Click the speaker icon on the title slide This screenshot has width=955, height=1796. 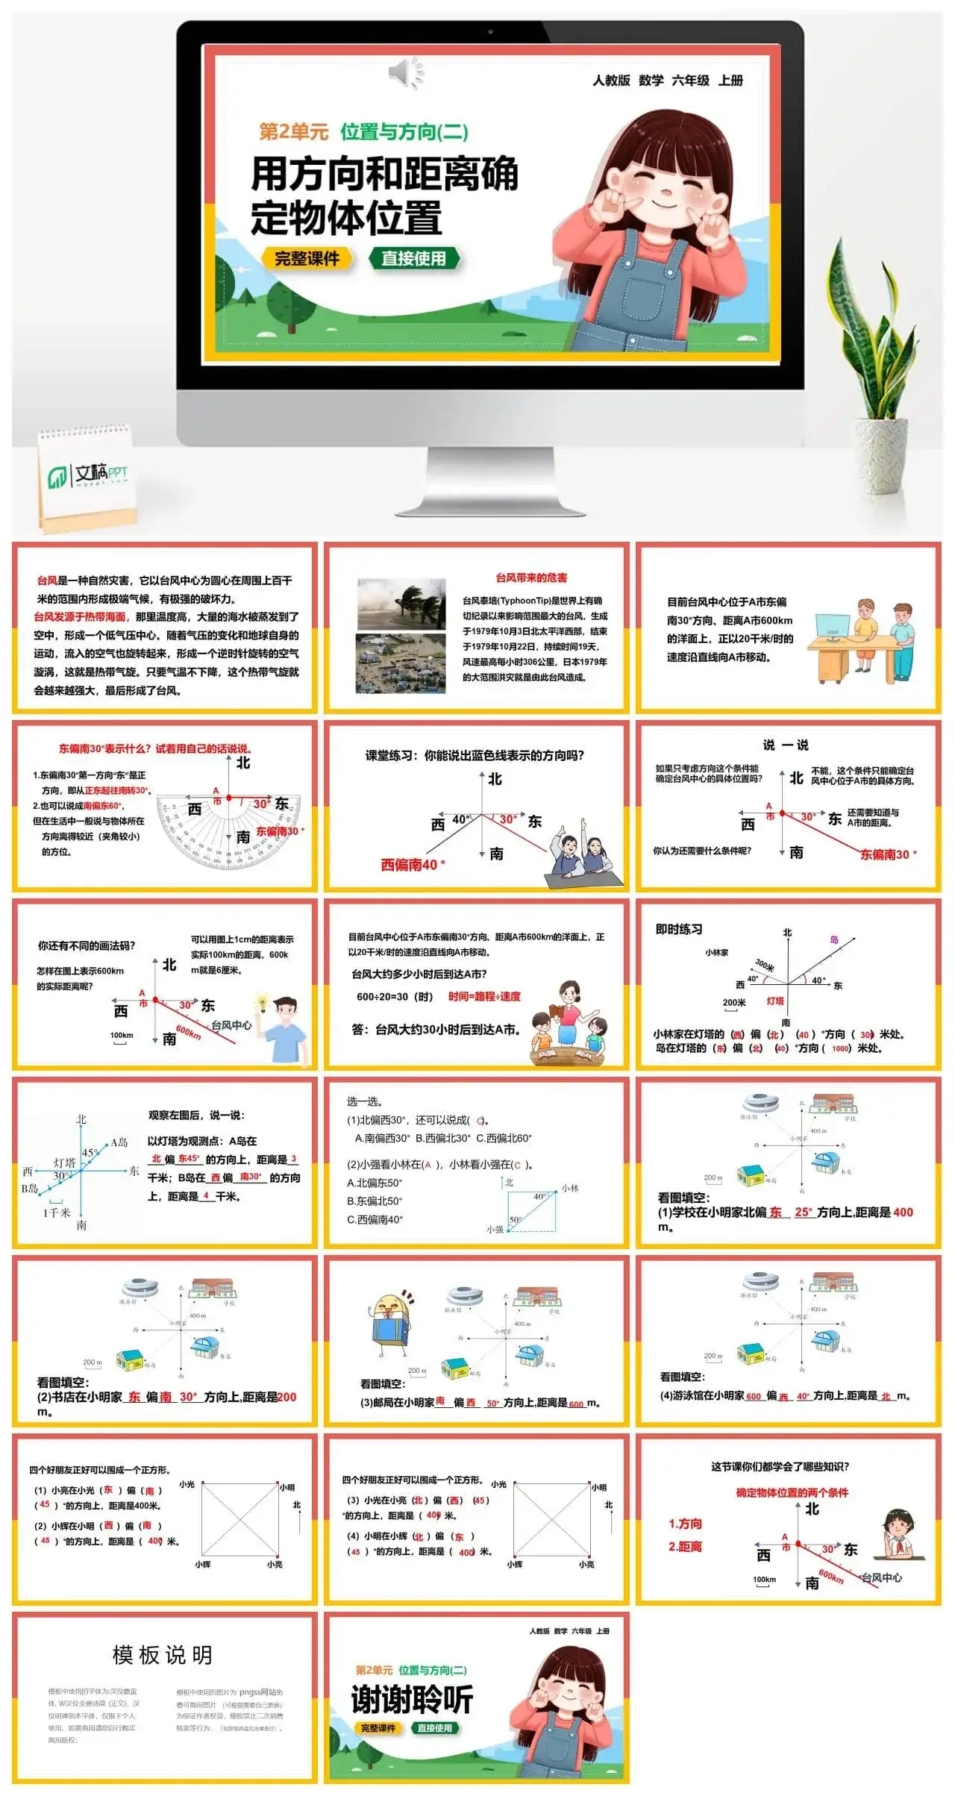pyautogui.click(x=406, y=73)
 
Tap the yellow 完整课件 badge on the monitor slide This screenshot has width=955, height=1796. pyautogui.click(x=307, y=259)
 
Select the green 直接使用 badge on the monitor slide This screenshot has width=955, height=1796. pyautogui.click(x=414, y=259)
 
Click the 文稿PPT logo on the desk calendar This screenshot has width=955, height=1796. pyautogui.click(x=88, y=475)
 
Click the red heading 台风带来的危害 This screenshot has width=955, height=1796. pyautogui.click(x=531, y=578)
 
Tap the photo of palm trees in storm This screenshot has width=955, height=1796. pyautogui.click(x=401, y=604)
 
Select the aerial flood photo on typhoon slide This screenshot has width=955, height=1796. pyautogui.click(x=401, y=663)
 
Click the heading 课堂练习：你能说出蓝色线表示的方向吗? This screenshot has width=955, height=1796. pyautogui.click(x=475, y=756)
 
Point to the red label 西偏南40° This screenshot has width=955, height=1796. pyautogui.click(x=413, y=865)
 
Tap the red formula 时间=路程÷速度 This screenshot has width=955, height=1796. pyautogui.click(x=484, y=996)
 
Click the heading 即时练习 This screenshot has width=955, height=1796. pyautogui.click(x=679, y=930)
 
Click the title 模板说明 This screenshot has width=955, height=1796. pyautogui.click(x=163, y=1655)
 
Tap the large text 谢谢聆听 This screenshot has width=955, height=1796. pyautogui.click(x=412, y=1700)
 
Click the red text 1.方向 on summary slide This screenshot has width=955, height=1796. pyautogui.click(x=685, y=1524)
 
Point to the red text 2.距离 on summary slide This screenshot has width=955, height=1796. pyautogui.click(x=685, y=1546)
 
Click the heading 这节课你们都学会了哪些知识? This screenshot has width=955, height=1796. pyautogui.click(x=780, y=1466)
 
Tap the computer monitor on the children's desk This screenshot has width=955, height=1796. pyautogui.click(x=832, y=627)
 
